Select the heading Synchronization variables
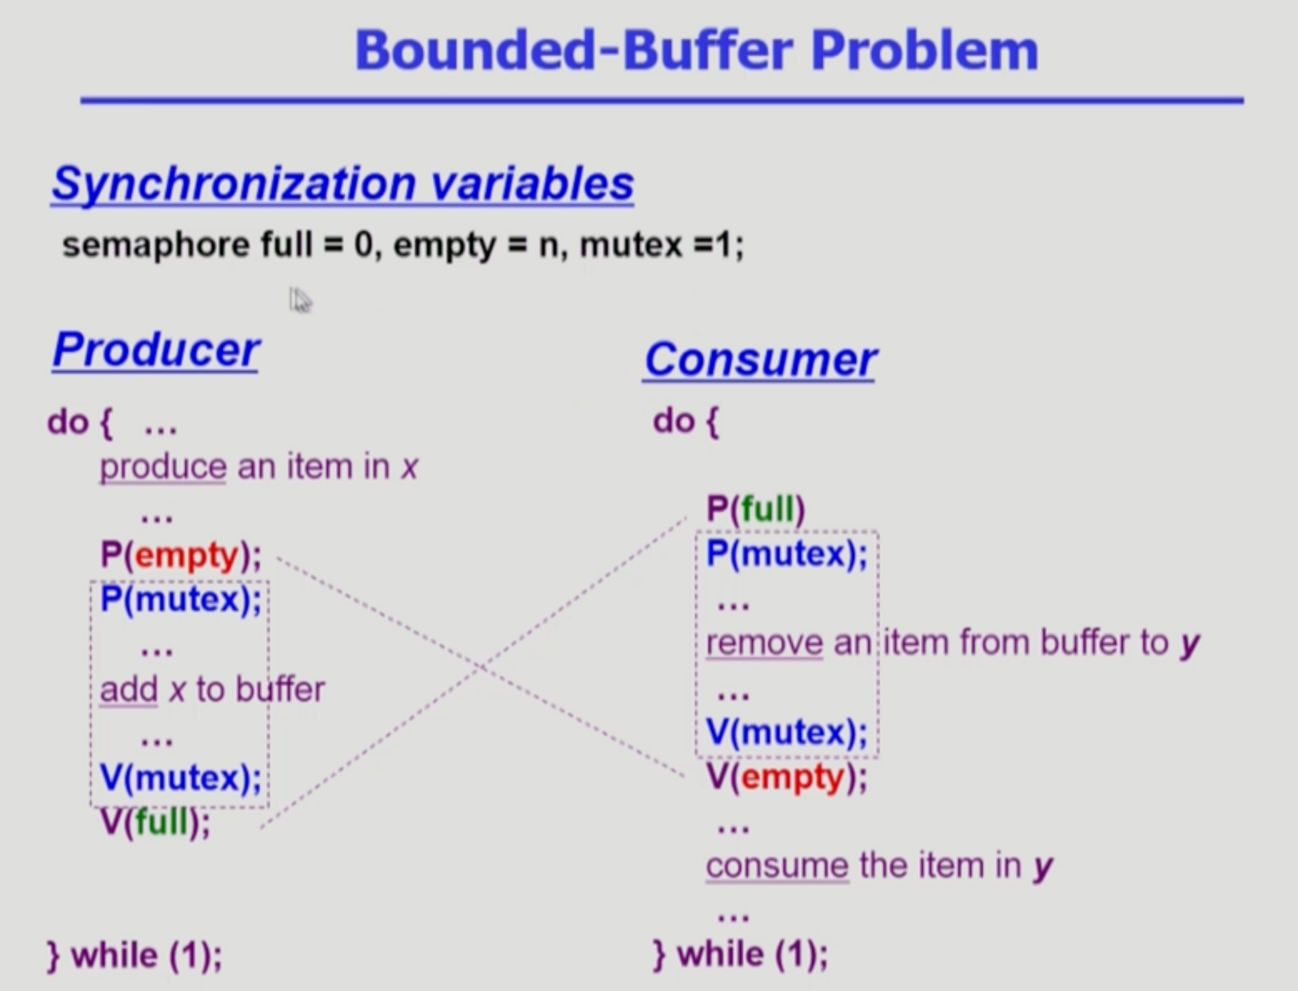(342, 184)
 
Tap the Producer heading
(156, 351)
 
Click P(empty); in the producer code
(180, 555)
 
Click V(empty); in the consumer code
(786, 777)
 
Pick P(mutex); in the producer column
(180, 600)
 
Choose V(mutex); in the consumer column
(786, 733)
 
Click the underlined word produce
(163, 467)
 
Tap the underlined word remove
(764, 642)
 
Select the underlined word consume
(777, 866)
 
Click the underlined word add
(128, 690)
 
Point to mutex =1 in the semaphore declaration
(661, 245)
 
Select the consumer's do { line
(686, 422)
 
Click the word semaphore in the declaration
(156, 245)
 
